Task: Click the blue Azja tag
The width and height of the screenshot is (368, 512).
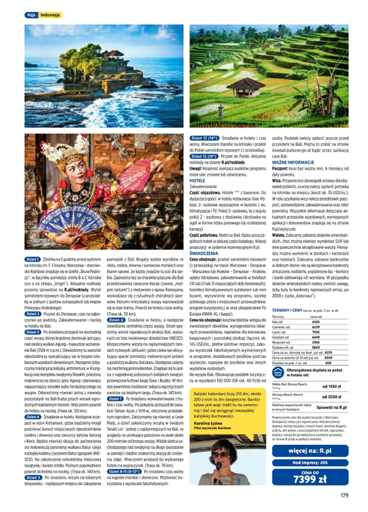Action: click(x=31, y=15)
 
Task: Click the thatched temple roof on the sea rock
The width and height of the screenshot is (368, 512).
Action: click(x=116, y=54)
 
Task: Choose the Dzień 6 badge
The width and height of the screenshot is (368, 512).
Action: click(x=116, y=320)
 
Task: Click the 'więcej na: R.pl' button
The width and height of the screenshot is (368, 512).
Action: click(x=310, y=451)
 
